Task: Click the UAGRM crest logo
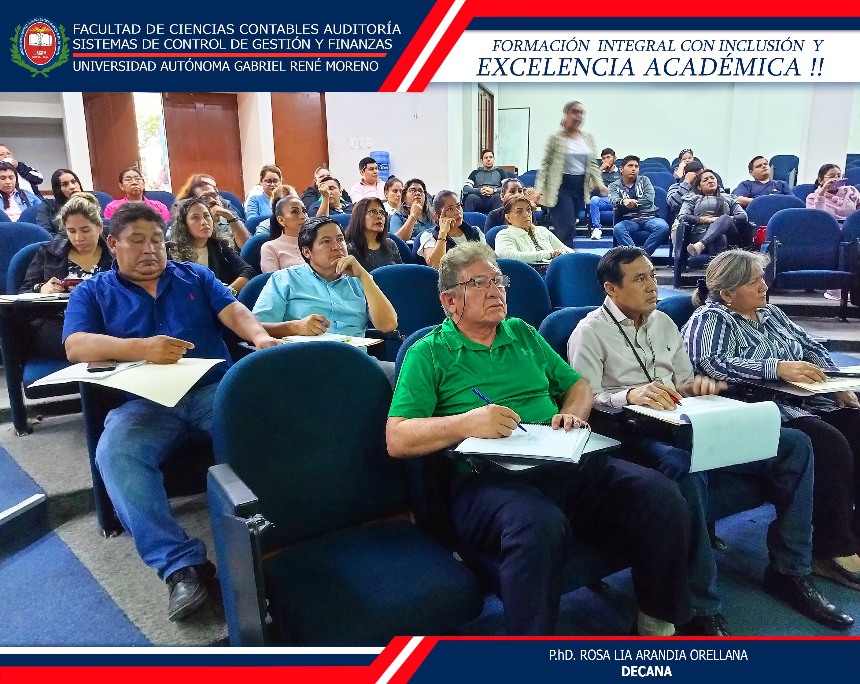40,47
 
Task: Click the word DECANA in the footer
647,672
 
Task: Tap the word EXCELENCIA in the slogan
555,67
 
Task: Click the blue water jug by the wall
379,166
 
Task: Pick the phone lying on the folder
101,366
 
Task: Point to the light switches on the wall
360,143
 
